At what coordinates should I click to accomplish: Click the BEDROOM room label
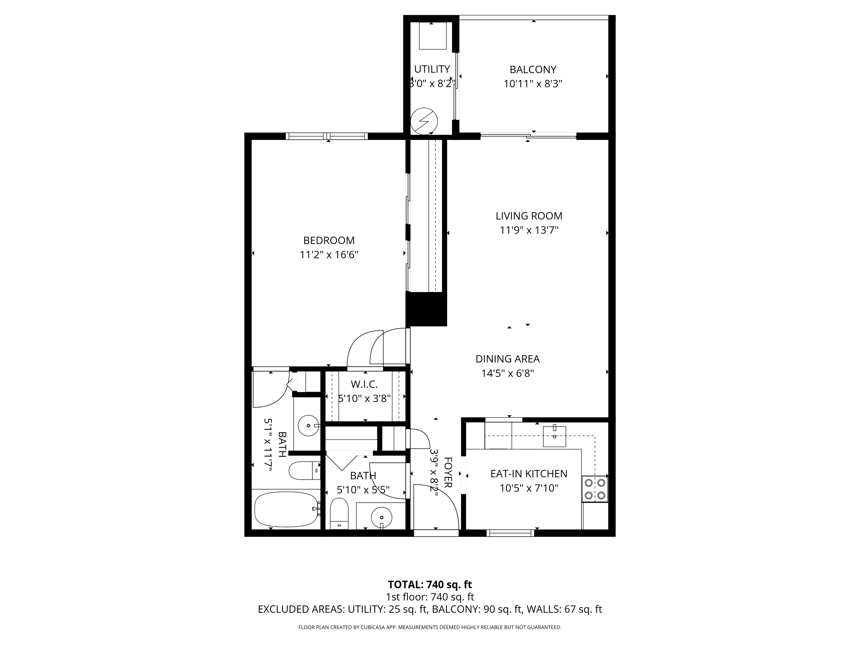point(329,241)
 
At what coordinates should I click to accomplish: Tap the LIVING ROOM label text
point(529,216)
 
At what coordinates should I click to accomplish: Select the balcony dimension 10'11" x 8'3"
point(533,84)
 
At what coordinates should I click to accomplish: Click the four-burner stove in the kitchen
point(595,489)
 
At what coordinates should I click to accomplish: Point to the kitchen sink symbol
point(554,436)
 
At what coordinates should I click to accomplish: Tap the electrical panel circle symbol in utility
point(424,121)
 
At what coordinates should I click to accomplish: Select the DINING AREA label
point(507,359)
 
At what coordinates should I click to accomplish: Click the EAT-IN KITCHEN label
point(529,474)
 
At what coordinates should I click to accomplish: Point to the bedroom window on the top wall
point(327,136)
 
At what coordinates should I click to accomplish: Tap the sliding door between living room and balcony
point(528,136)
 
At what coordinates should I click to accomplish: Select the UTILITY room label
point(432,69)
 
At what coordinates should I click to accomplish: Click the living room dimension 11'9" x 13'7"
point(529,230)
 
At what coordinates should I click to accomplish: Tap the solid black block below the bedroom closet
point(426,309)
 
